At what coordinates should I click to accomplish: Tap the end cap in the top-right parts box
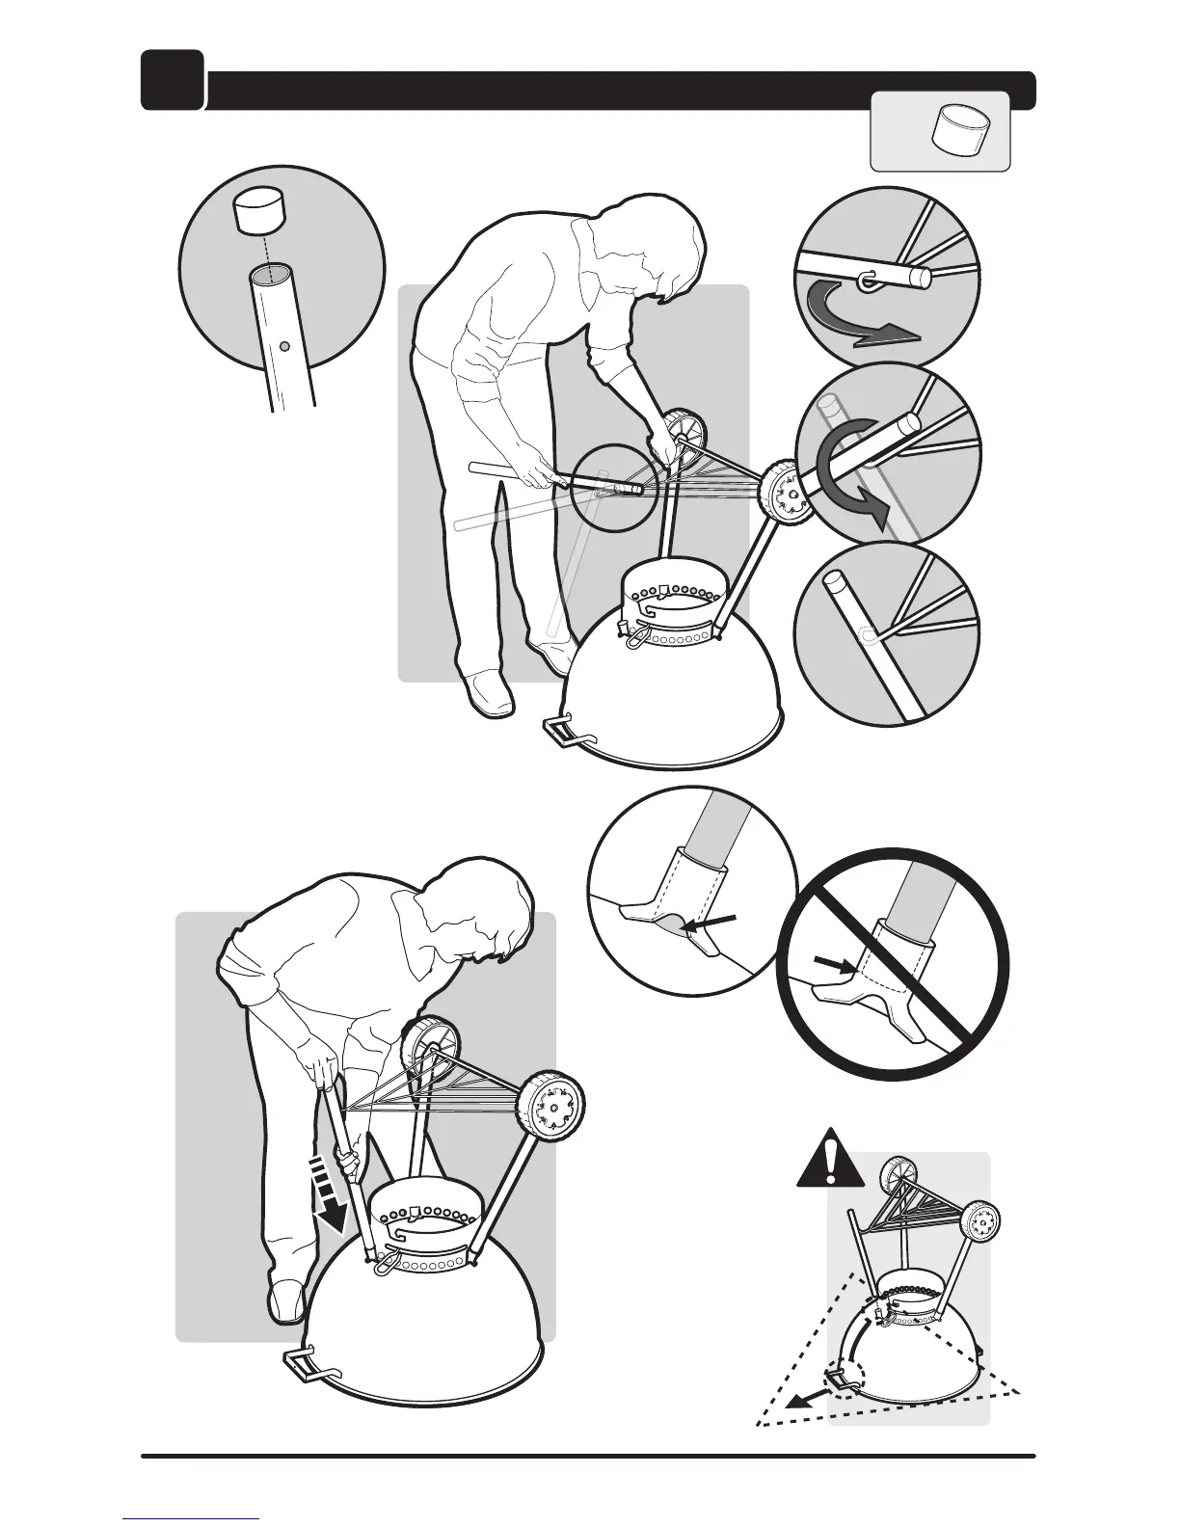pyautogui.click(x=958, y=130)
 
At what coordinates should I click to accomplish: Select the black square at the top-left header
pyautogui.click(x=172, y=79)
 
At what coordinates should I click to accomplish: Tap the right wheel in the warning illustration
pyautogui.click(x=980, y=1221)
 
